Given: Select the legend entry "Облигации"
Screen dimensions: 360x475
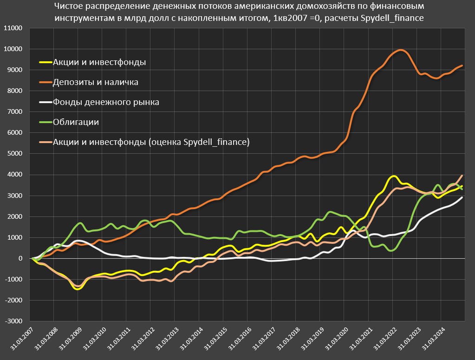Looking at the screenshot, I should click(x=76, y=122).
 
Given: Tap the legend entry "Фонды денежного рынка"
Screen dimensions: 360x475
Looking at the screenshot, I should click(x=106, y=102).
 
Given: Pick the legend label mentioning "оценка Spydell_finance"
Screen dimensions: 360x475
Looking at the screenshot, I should click(x=151, y=142).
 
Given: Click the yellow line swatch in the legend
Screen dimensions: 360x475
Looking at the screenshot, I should click(x=45, y=62).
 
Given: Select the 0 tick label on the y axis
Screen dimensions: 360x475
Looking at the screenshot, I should click(x=20, y=258).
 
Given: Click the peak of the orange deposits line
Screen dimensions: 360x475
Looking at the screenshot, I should click(x=401, y=50).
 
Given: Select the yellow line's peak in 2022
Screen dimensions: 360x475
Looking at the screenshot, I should click(x=394, y=176).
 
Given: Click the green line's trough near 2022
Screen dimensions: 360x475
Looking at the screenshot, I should click(x=392, y=250).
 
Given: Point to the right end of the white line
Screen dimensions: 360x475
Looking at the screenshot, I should click(x=462, y=197).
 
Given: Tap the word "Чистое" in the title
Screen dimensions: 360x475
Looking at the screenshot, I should click(x=68, y=7).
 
